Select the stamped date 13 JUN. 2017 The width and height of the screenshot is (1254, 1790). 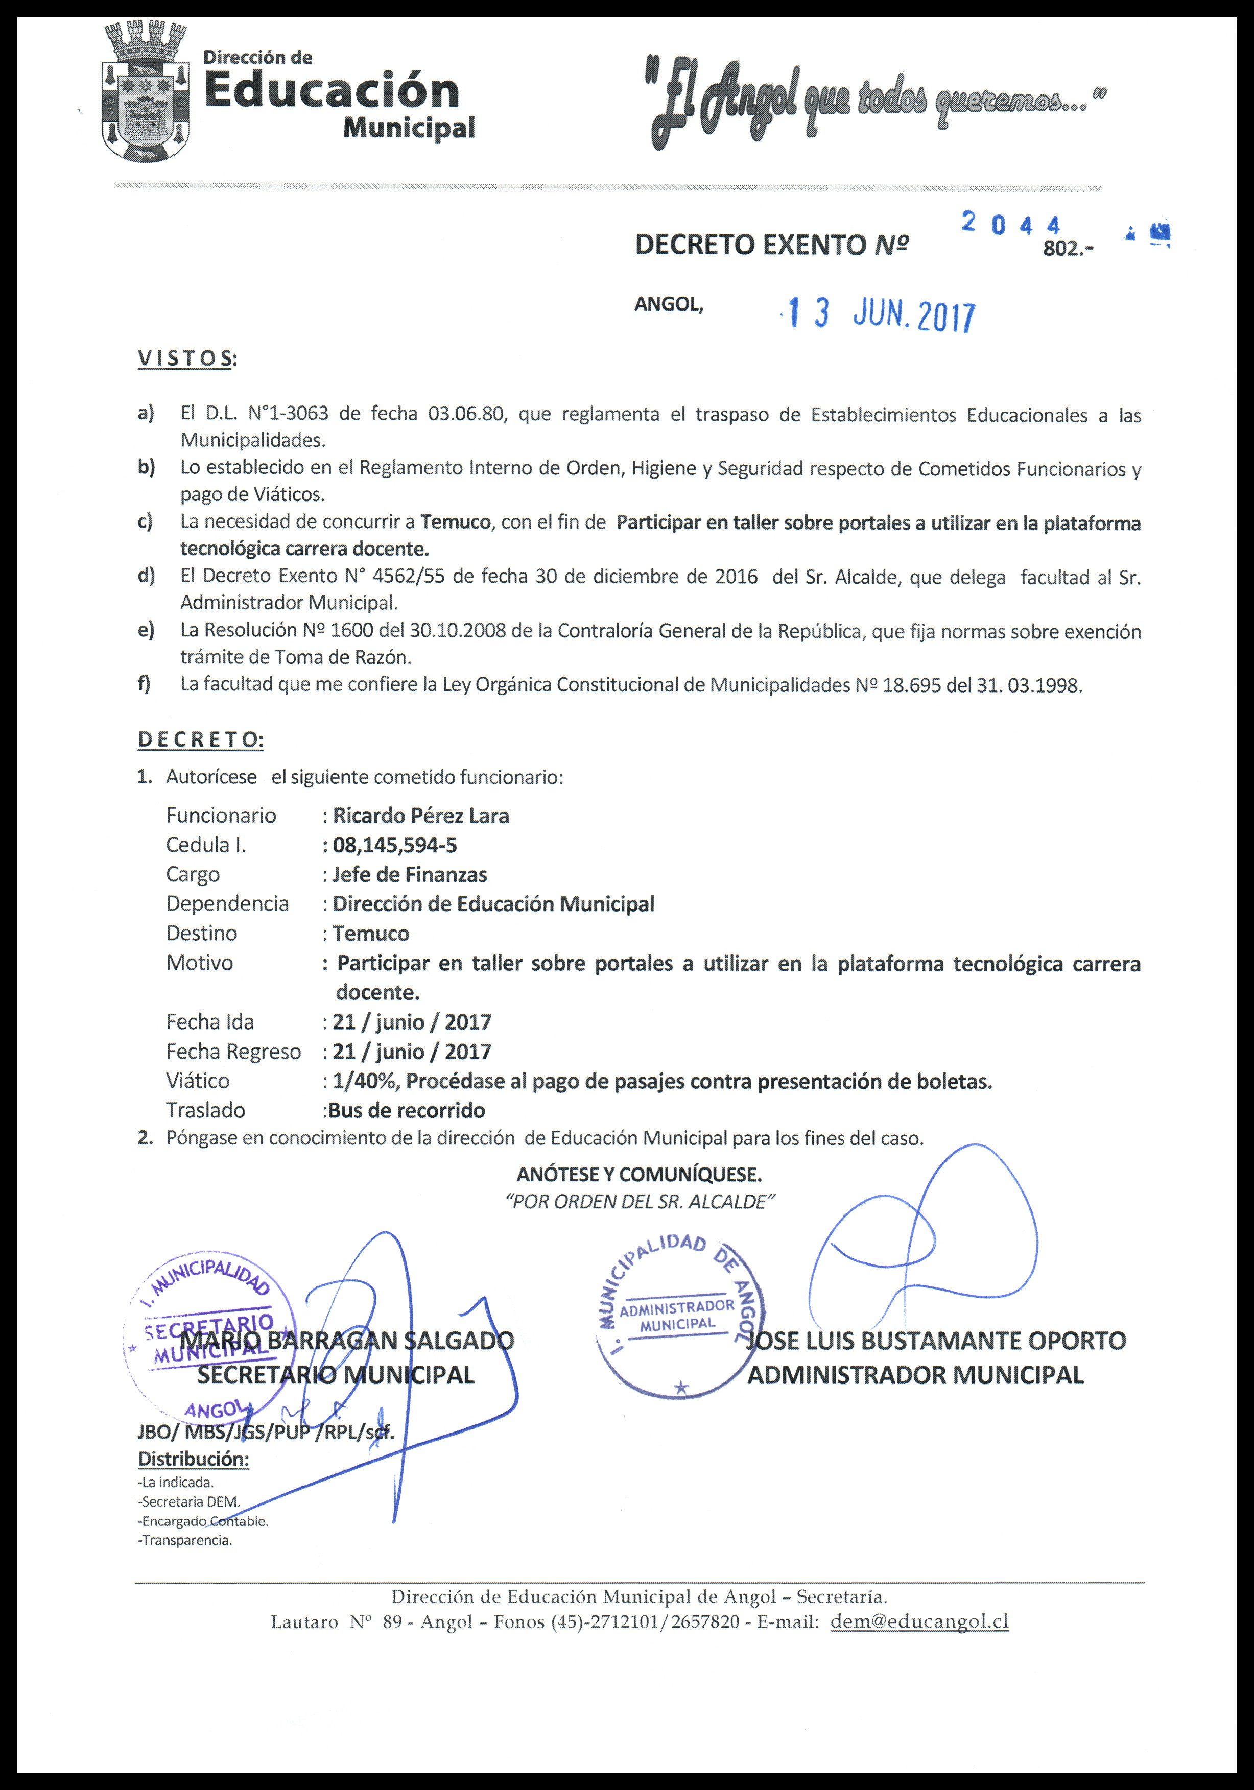pyautogui.click(x=881, y=316)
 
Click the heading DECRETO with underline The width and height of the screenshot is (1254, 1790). pyautogui.click(x=200, y=740)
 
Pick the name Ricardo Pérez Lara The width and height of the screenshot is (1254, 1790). pyautogui.click(x=421, y=816)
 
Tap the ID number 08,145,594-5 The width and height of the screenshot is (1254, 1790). pyautogui.click(x=395, y=845)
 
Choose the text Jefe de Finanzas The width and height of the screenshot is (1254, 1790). pyautogui.click(x=410, y=875)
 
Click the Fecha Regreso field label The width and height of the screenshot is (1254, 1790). pyautogui.click(x=233, y=1052)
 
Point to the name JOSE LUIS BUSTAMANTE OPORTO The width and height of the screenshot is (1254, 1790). pyautogui.click(x=936, y=1342)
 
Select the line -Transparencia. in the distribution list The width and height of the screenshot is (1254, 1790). pyautogui.click(x=185, y=1540)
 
